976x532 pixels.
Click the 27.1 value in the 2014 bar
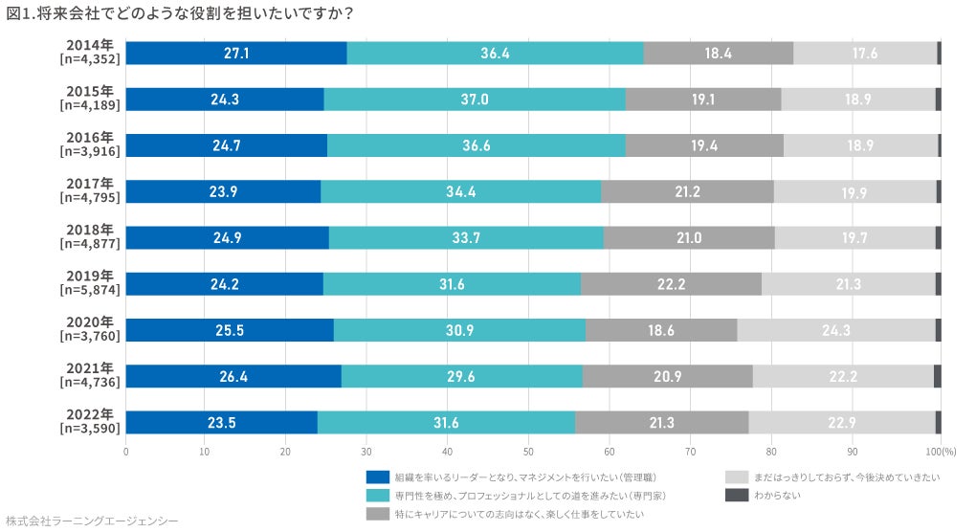pos(236,54)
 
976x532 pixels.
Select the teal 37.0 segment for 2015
pos(475,100)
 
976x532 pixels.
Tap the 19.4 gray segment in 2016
pos(704,145)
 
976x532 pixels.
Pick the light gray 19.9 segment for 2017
pos(854,192)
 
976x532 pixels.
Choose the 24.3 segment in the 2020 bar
pos(836,330)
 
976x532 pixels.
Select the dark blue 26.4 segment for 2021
pos(233,377)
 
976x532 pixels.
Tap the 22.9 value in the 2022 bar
pos(842,423)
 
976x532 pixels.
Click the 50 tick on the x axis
pos(528,451)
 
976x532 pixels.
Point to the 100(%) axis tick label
pos(941,451)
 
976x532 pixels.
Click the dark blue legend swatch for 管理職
pos(378,476)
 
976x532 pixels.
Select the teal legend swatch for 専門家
pos(378,495)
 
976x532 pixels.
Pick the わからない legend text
pos(778,495)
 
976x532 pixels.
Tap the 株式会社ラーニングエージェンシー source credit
pos(92,521)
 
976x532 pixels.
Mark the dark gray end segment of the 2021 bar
pos(938,377)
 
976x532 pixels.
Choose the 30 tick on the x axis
pos(367,451)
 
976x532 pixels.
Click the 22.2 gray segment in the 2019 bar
pos(671,284)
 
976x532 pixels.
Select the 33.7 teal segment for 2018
pos(466,238)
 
